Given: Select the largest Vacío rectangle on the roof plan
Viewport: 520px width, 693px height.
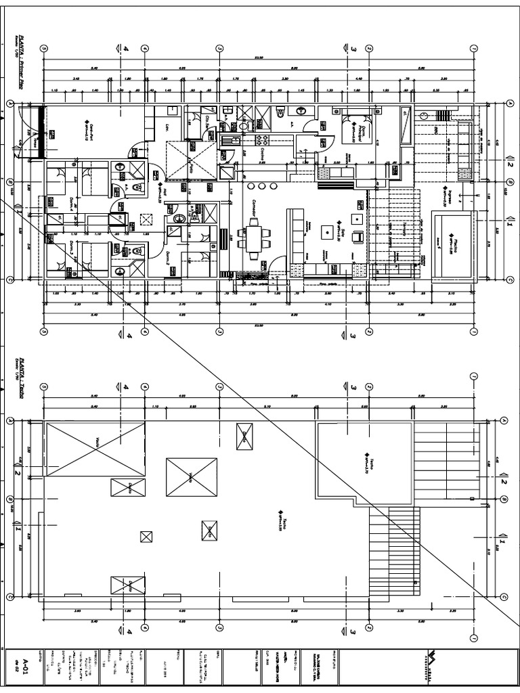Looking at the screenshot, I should coord(95,442).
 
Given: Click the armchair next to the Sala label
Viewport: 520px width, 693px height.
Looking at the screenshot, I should coord(359,236).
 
